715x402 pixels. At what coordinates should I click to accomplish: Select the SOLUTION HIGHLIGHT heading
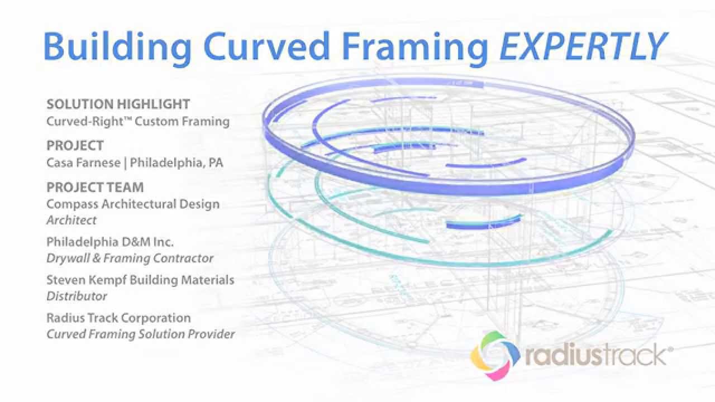pyautogui.click(x=118, y=104)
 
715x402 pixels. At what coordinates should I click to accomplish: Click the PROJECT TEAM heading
pyautogui.click(x=95, y=187)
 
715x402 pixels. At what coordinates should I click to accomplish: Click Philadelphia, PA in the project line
pyautogui.click(x=177, y=162)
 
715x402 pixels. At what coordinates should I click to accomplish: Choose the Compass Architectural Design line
pyautogui.click(x=133, y=204)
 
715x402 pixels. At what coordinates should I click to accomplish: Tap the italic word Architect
pyautogui.click(x=71, y=220)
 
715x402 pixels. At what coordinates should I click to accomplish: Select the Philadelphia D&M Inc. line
pyautogui.click(x=110, y=242)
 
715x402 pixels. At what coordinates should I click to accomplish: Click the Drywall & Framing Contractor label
pyautogui.click(x=130, y=258)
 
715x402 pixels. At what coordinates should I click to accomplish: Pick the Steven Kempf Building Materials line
pyautogui.click(x=140, y=280)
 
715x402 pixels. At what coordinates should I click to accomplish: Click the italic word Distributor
pyautogui.click(x=77, y=296)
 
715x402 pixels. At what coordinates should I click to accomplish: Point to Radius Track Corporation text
pyautogui.click(x=118, y=318)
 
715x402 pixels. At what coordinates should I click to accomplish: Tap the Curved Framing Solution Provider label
pyautogui.click(x=140, y=334)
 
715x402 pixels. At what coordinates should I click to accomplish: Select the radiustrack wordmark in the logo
pyautogui.click(x=595, y=355)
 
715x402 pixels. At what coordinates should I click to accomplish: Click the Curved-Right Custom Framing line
pyautogui.click(x=138, y=121)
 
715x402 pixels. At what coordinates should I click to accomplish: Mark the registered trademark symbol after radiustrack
pyautogui.click(x=670, y=349)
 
